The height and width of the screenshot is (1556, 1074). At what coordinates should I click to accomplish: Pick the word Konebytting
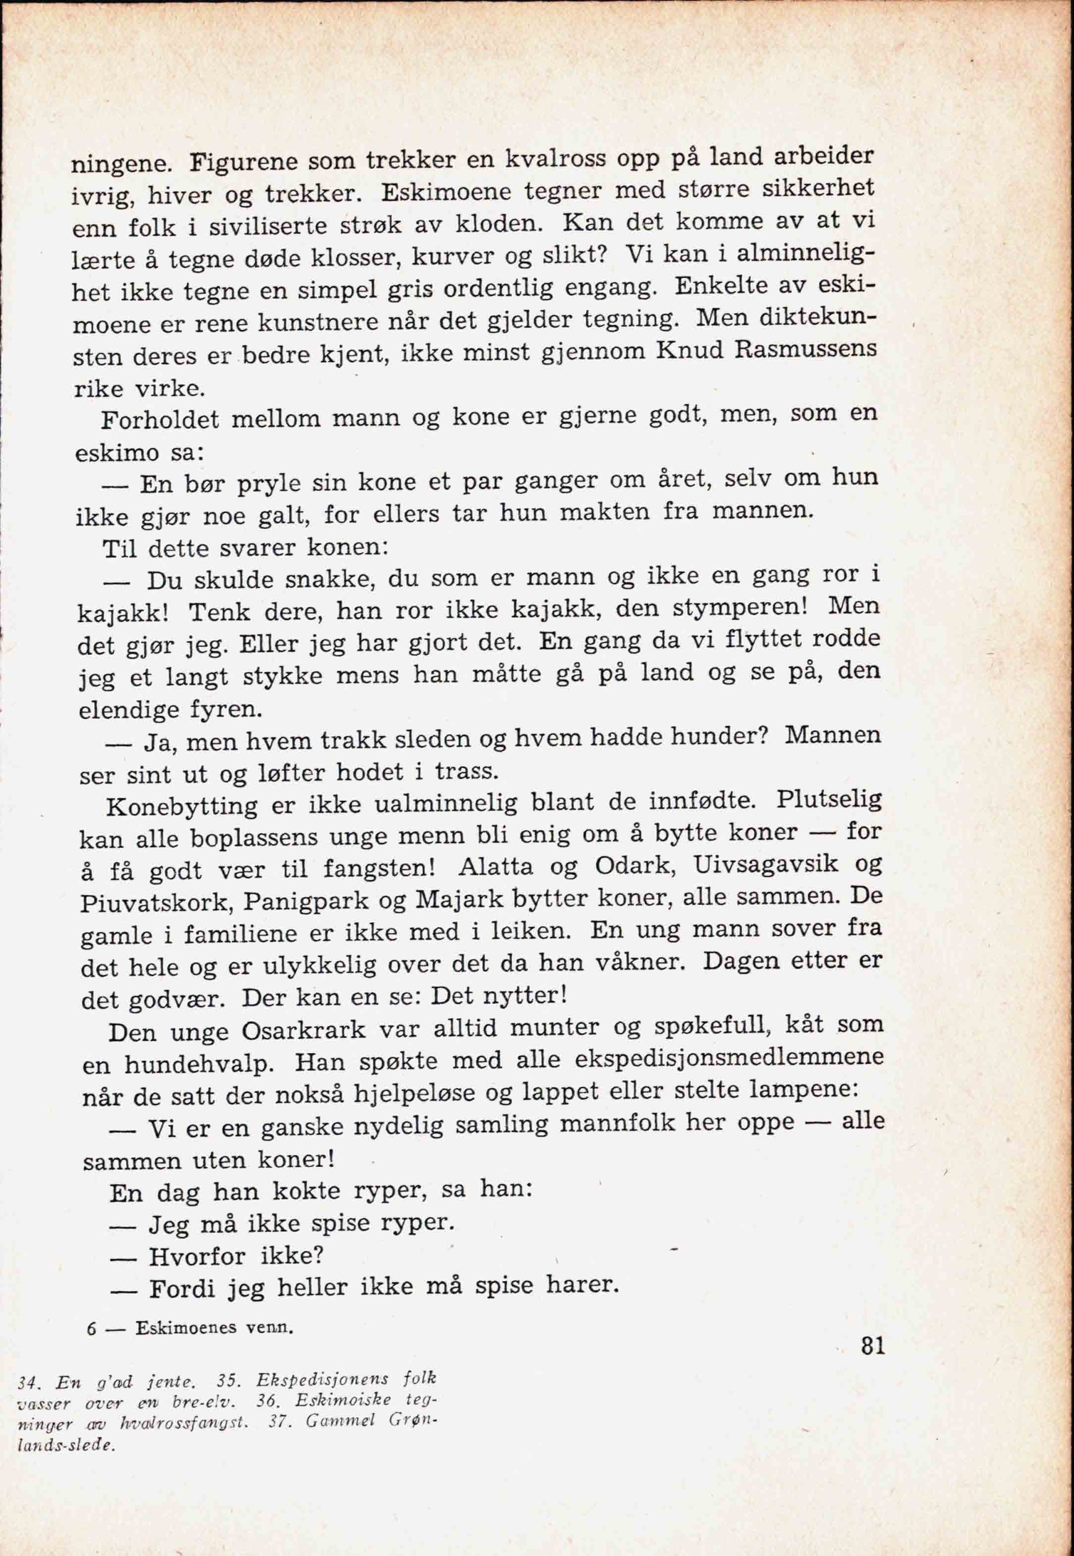182,806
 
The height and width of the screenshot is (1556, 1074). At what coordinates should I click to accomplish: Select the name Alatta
495,867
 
